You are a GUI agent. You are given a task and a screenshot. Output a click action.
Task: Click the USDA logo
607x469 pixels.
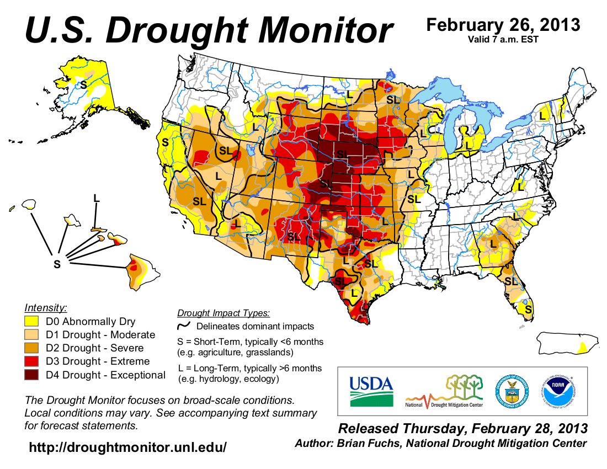[x=371, y=391]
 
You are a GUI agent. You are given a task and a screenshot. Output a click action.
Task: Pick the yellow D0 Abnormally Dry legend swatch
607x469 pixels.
[x=32, y=322]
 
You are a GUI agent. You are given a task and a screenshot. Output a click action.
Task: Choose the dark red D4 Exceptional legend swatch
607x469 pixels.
[x=32, y=375]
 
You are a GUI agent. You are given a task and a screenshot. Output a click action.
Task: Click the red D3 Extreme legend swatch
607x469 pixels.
[x=32, y=362]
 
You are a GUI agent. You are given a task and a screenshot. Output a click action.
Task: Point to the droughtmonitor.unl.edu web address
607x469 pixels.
[x=127, y=447]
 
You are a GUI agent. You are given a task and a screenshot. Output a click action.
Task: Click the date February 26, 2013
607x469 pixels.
[x=503, y=25]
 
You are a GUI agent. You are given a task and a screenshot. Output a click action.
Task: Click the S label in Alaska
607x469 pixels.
[x=83, y=84]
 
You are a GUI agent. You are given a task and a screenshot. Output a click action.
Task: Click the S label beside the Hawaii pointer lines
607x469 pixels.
[x=56, y=264]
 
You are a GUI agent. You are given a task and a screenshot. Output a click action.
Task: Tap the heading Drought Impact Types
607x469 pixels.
[x=223, y=313]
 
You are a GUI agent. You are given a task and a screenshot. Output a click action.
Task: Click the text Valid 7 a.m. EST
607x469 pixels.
[x=503, y=39]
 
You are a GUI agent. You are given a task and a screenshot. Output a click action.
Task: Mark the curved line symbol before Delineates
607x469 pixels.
[x=183, y=327]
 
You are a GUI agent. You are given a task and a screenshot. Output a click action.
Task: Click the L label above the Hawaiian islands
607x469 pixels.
[x=97, y=198]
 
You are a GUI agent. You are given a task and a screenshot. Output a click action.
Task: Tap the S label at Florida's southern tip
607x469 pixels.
[x=528, y=310]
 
